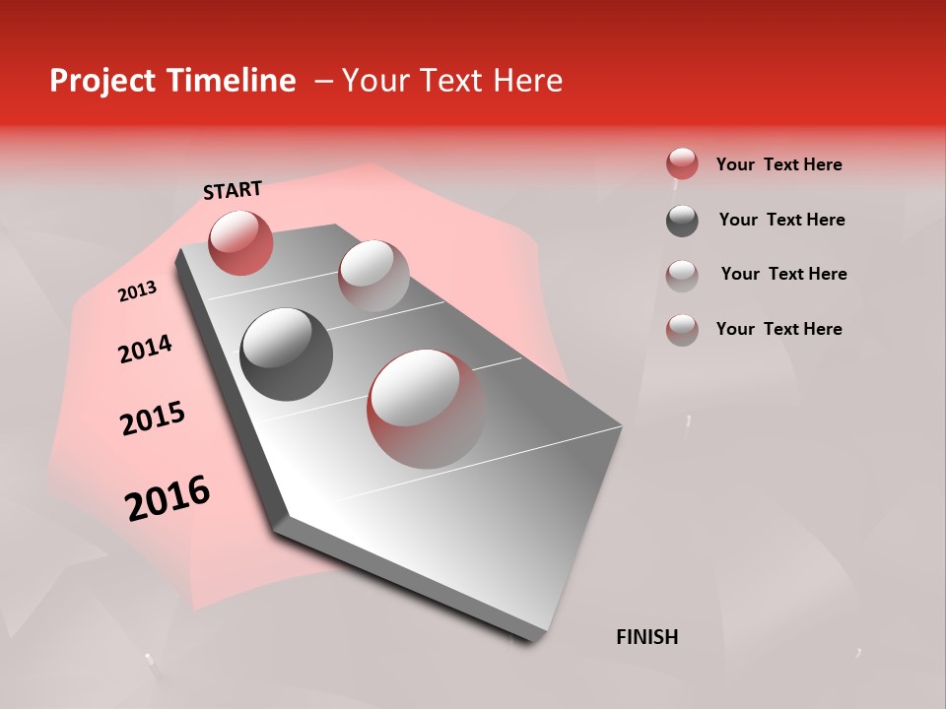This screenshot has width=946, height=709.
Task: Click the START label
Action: point(233,190)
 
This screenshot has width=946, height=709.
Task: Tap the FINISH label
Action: point(646,637)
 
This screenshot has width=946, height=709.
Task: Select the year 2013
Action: point(137,291)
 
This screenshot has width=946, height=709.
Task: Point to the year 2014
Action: point(145,350)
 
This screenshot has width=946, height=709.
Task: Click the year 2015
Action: point(153,419)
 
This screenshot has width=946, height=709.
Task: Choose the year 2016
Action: point(168,498)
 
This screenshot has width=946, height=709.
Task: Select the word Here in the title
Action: point(527,81)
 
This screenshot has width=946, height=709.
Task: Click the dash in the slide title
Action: point(323,81)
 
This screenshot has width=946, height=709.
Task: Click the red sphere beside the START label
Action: point(240,242)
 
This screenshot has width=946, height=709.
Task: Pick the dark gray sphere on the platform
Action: point(287,354)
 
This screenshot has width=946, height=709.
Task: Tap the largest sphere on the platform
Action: point(426,409)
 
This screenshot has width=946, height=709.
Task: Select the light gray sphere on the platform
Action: point(373,276)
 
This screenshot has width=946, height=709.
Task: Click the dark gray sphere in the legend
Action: point(682,221)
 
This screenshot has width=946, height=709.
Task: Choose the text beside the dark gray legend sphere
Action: point(781,220)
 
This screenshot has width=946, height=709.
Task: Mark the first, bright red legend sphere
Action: point(682,164)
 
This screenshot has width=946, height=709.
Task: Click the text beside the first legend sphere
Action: point(778,164)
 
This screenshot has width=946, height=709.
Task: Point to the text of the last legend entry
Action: point(778,329)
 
